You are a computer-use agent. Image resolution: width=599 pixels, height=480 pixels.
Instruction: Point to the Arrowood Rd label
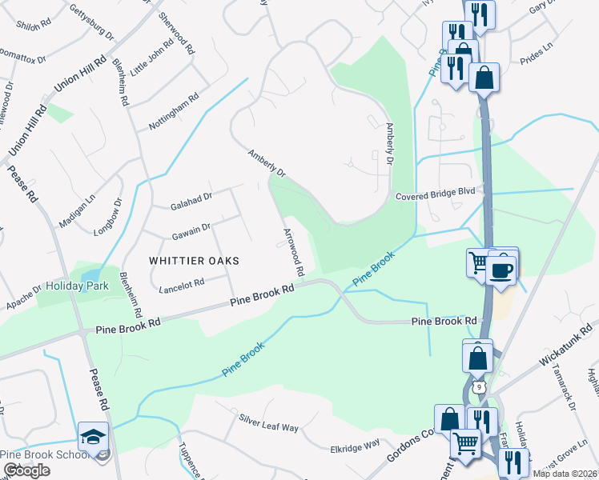tap(293, 252)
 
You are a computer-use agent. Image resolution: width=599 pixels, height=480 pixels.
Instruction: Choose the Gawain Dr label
tap(191, 232)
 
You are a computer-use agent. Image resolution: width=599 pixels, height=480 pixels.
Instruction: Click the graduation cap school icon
tap(91, 437)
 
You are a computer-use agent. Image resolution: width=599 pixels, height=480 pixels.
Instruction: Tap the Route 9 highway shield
tap(478, 387)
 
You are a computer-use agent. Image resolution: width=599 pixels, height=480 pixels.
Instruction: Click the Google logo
tap(26, 470)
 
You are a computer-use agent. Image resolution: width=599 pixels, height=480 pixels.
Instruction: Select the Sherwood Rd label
tap(177, 33)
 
